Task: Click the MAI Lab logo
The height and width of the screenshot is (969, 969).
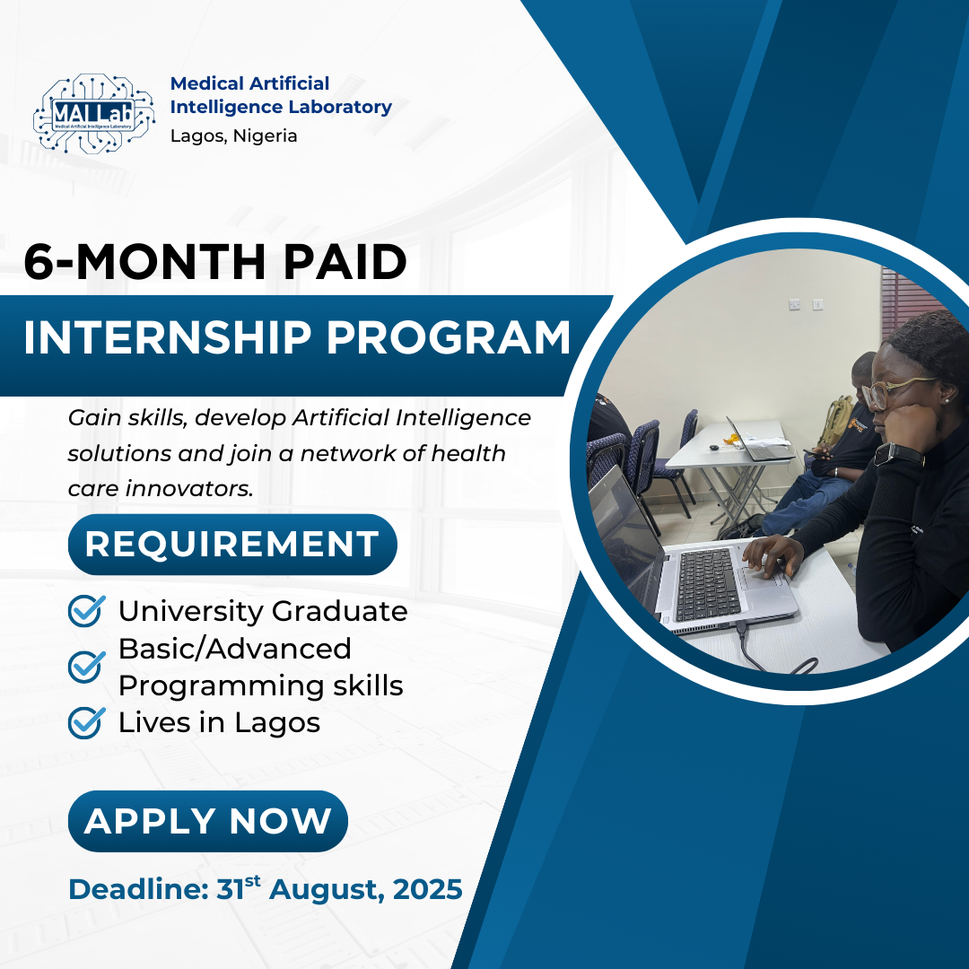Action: tap(93, 114)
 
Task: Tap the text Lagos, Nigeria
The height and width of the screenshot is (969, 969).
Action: tap(233, 136)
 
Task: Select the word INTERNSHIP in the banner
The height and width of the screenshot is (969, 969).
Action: tap(167, 338)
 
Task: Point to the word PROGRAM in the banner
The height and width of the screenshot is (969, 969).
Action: tap(448, 338)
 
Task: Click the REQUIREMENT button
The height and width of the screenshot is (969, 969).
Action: tap(232, 545)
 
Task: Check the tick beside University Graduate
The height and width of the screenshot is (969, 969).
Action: tap(86, 611)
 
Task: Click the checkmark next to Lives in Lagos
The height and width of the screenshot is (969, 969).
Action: tap(86, 722)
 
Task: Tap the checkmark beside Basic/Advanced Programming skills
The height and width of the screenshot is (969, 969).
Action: tap(86, 667)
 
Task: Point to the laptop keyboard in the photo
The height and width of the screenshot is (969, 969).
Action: tap(708, 585)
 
